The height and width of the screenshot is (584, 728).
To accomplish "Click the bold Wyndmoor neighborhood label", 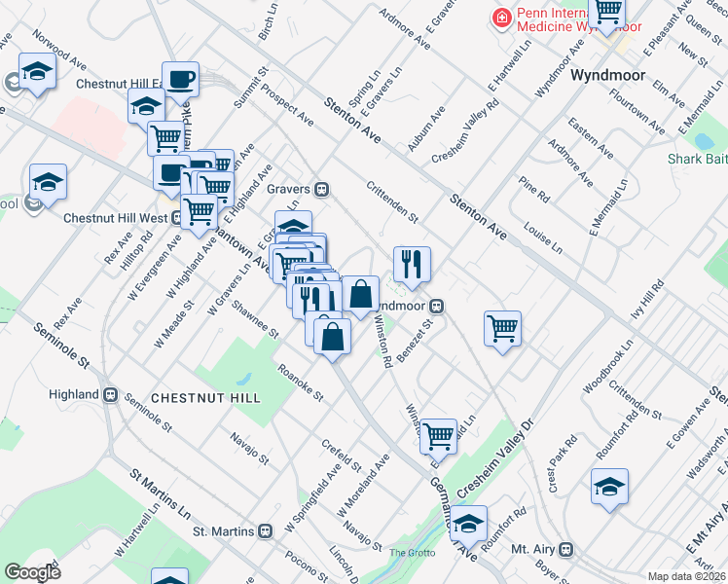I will coord(608,75).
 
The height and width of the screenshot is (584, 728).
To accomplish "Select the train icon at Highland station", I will coord(110,395).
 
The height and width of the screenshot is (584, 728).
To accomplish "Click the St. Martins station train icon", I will coord(264,532).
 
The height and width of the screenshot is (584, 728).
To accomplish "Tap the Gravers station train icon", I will coord(320,189).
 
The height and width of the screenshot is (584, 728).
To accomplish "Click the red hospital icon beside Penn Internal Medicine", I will coord(501,17).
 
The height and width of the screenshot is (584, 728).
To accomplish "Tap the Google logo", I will coord(32,572).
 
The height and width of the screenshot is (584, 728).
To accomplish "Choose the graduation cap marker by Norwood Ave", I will coord(37,73).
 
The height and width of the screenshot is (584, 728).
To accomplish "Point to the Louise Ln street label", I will coord(543,235).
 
